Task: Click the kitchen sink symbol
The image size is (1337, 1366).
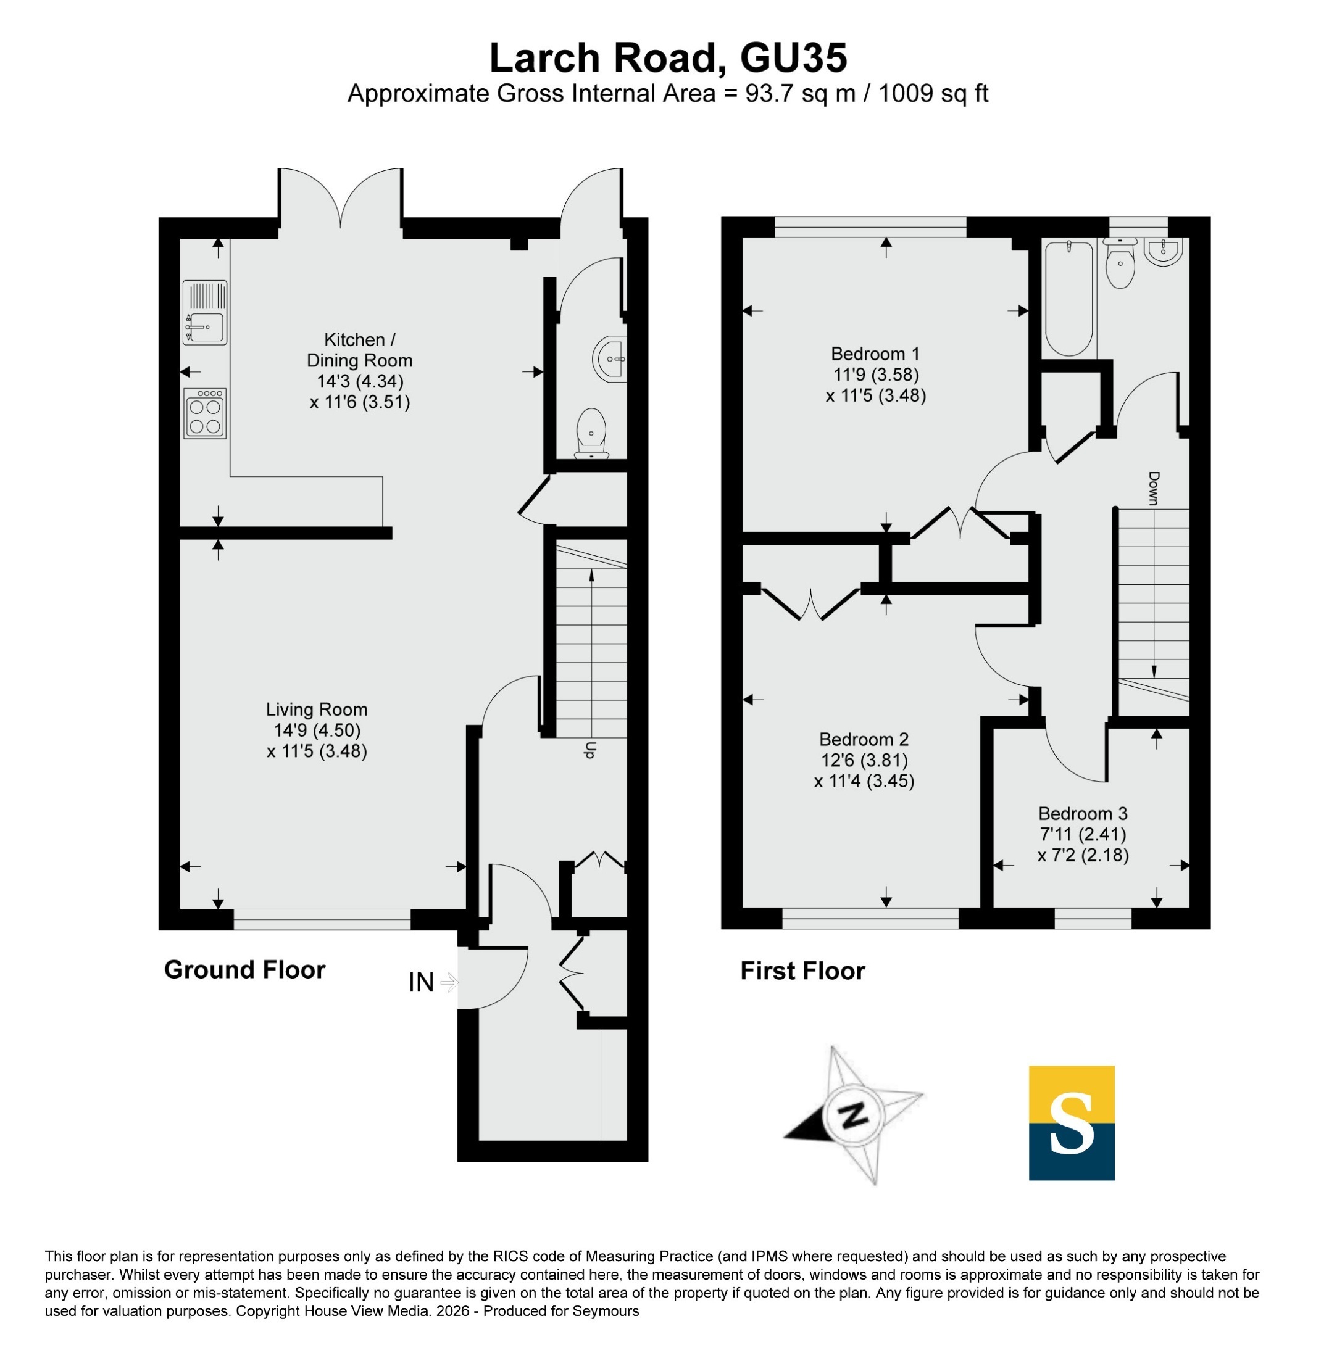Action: coord(205,312)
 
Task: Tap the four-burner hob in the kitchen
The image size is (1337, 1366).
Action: coord(205,413)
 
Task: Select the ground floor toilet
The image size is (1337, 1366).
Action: coord(591,434)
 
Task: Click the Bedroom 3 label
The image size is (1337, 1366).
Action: coord(1083,814)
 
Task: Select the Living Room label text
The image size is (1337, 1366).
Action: coord(317,710)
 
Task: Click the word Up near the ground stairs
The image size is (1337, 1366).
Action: coord(590,750)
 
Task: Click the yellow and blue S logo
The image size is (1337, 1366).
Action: coord(1072,1123)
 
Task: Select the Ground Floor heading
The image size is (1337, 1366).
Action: coord(244,969)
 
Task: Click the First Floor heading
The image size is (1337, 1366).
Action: coord(802,971)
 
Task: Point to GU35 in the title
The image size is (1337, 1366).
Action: coord(793,57)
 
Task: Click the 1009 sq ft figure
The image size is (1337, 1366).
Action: coord(933,93)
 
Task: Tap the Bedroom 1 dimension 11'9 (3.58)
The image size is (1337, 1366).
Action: coord(876,374)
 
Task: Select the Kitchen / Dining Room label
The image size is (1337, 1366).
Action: coord(359,350)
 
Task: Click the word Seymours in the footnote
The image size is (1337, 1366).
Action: coord(606,1310)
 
